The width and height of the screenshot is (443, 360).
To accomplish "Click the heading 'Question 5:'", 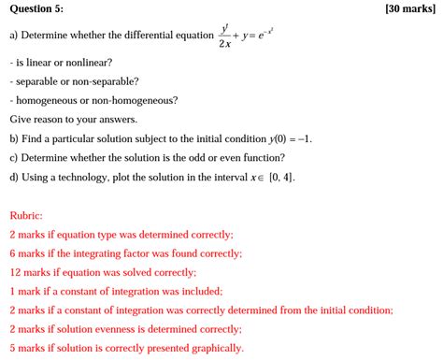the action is pos(36,8).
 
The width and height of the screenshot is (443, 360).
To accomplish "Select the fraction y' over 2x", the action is pos(225,36).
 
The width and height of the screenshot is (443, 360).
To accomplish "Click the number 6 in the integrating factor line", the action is pos(13,253).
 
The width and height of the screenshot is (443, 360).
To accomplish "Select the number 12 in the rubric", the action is pos(16,272).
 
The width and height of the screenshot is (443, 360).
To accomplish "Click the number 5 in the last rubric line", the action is pos(13,348).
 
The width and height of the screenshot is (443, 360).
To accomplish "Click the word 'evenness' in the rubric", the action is pos(118,329).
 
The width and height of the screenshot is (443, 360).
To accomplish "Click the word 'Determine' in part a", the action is pos(51,36).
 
